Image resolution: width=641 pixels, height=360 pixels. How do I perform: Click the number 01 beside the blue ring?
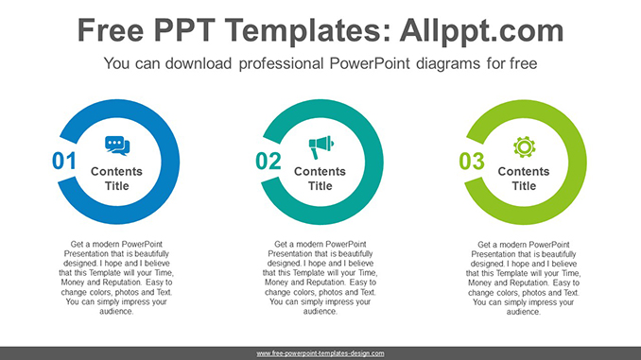tap(63, 162)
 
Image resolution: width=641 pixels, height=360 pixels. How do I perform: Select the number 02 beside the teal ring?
tap(269, 162)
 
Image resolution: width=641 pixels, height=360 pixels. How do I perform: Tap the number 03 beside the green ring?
tap(472, 162)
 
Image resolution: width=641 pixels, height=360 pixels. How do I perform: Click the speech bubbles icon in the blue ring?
tap(117, 146)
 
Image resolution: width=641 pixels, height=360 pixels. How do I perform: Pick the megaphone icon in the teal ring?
tap(321, 146)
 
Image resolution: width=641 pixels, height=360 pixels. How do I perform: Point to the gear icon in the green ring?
tap(524, 146)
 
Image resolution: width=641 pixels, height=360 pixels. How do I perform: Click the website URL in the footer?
tap(320, 352)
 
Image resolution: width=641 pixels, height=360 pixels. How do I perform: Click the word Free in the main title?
tap(112, 30)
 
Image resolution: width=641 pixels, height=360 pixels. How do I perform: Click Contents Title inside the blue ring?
tap(117, 179)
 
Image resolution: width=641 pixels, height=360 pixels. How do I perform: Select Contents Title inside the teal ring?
tap(321, 179)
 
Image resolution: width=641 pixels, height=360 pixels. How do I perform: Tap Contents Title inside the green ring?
tap(524, 179)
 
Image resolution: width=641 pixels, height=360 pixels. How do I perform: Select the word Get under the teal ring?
tap(281, 244)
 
